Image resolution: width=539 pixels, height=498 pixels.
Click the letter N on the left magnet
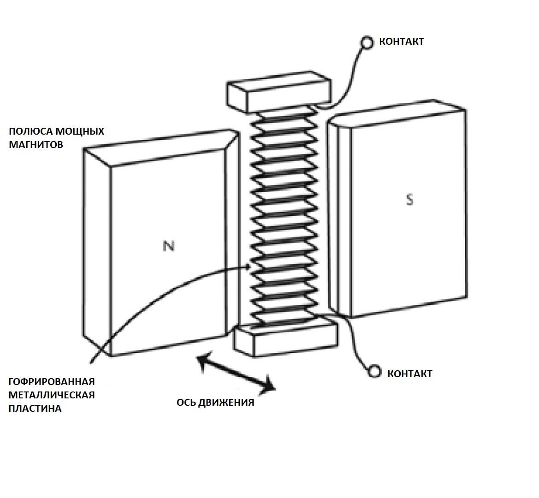pos(169,246)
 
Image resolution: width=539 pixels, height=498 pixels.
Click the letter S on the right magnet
pos(409,200)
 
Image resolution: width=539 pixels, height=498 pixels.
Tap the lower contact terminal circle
pos(375,372)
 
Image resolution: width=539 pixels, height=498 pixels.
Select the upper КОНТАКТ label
pos(401,41)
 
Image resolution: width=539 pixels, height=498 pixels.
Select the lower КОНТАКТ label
pos(409,373)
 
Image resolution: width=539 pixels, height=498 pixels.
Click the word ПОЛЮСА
pos(29,131)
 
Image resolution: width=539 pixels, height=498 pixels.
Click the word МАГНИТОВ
pos(36,144)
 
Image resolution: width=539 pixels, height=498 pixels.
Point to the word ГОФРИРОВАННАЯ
pos(51,382)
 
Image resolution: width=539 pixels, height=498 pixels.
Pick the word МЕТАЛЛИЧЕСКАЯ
pos(51,395)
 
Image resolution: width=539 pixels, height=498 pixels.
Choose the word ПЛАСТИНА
pos(35,409)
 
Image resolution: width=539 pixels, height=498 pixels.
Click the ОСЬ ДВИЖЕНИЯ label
pos(215,403)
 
